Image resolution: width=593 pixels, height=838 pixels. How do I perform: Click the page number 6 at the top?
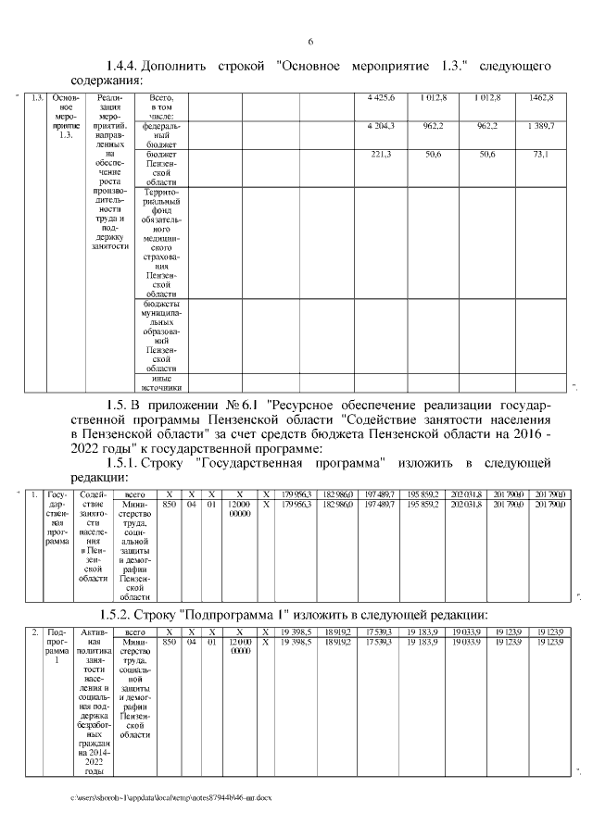[310, 42]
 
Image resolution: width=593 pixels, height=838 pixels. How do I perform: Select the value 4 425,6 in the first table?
[381, 97]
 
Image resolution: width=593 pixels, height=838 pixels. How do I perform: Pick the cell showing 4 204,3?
[381, 125]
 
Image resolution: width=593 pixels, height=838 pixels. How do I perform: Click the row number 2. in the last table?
[34, 632]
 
